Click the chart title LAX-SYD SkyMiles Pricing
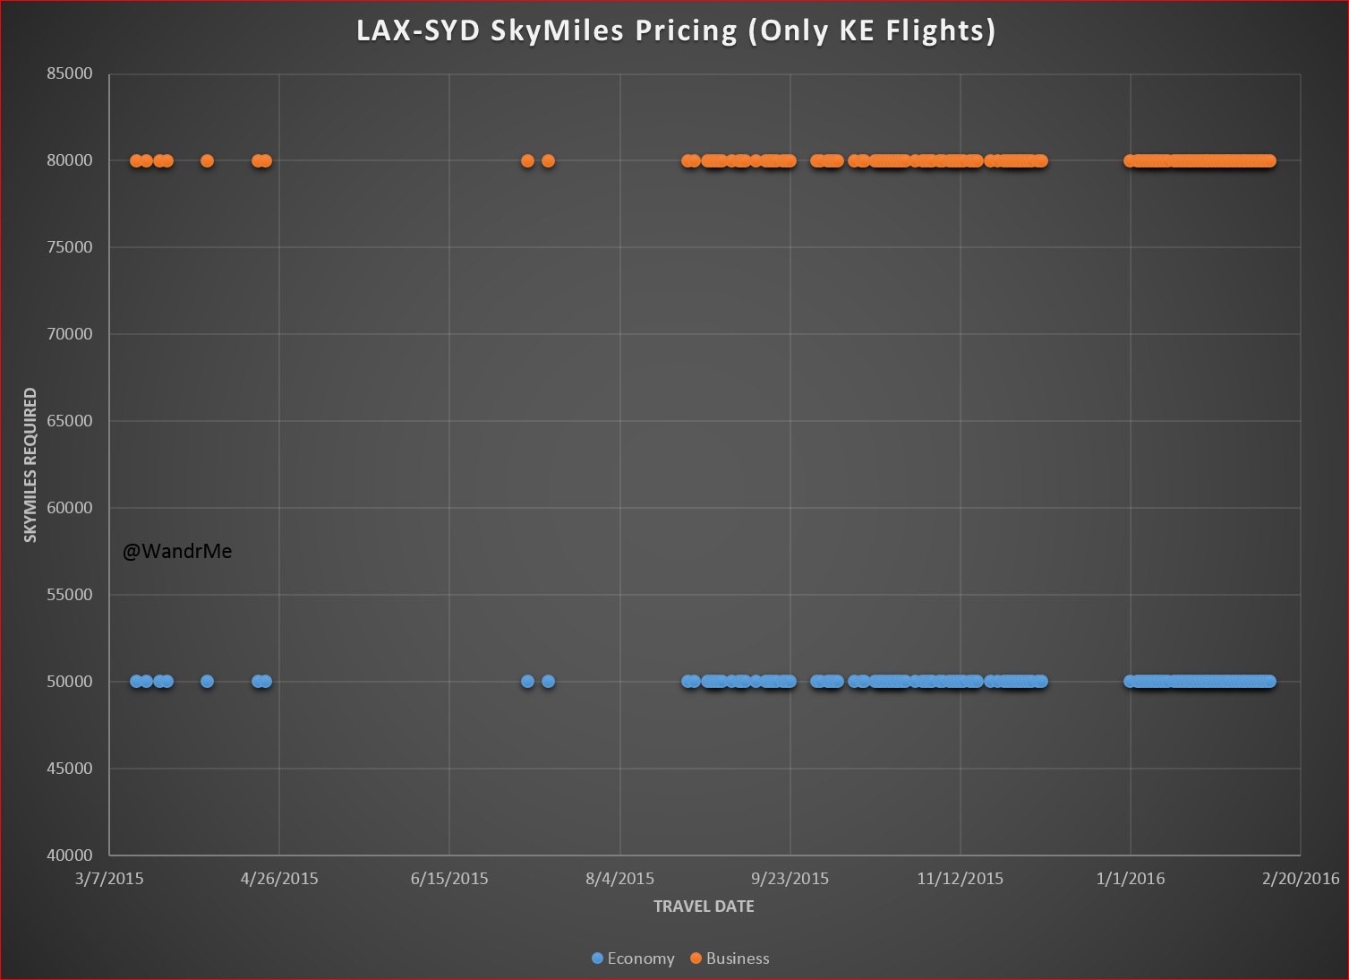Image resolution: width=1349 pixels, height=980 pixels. pos(676,31)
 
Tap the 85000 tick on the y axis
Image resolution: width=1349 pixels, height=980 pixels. pos(70,74)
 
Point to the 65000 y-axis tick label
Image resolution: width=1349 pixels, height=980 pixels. pos(70,421)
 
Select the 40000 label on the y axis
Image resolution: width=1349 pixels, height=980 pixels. pos(70,855)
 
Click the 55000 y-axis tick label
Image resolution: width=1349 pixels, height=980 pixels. pos(70,595)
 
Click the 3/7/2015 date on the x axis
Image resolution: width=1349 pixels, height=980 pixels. pos(109,879)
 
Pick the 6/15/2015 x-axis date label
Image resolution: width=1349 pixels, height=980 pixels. pos(449,879)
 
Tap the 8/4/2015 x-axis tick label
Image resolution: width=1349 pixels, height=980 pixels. pos(620,879)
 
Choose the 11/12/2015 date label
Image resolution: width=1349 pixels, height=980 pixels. pos(960,879)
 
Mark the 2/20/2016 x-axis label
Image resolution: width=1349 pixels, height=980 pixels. pos(1301,879)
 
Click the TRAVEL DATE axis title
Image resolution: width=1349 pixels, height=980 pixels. pos(704,907)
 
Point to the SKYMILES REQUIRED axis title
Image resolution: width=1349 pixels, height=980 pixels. pos(31,465)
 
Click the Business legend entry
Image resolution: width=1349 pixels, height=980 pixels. pos(730,959)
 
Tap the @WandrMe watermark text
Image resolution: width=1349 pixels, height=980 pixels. pos(177,552)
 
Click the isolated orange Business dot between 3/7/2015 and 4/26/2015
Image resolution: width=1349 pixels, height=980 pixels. pos(207,161)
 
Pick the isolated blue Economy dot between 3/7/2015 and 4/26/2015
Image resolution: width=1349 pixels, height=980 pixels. pos(207,682)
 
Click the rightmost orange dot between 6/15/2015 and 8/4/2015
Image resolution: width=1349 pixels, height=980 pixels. pos(548,161)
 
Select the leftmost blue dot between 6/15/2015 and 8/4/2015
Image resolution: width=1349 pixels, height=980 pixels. pos(527,682)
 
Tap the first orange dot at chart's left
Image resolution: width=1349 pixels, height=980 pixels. pos(136,161)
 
